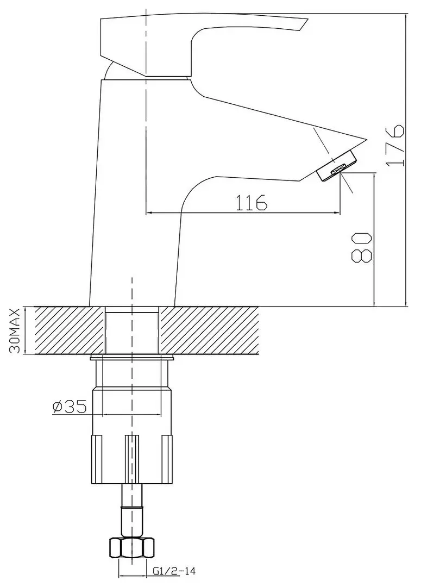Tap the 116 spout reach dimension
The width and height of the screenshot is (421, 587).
(x=252, y=202)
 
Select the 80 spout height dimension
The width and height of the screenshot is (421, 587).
(x=363, y=247)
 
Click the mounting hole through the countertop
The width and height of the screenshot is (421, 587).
(x=132, y=331)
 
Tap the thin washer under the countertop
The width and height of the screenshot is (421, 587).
(x=132, y=358)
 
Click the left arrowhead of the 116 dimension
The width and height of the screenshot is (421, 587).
(x=149, y=213)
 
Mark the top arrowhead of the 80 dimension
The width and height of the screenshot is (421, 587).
(x=374, y=177)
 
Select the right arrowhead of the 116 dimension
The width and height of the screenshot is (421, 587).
(x=338, y=213)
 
